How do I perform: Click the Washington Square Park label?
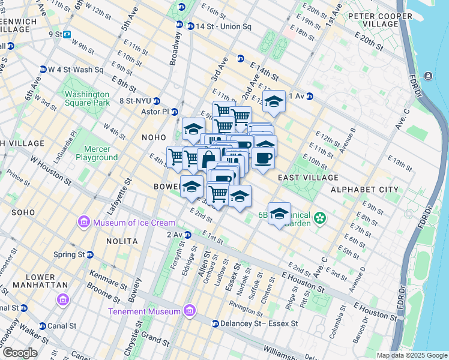87,98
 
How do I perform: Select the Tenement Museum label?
144,311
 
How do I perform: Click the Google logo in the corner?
20,353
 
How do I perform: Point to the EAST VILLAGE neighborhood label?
308,178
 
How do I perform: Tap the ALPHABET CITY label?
370,190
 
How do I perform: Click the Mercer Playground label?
97,153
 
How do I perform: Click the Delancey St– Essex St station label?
259,323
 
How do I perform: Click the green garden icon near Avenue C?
321,217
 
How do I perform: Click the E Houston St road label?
375,310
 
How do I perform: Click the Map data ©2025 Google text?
412,355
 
